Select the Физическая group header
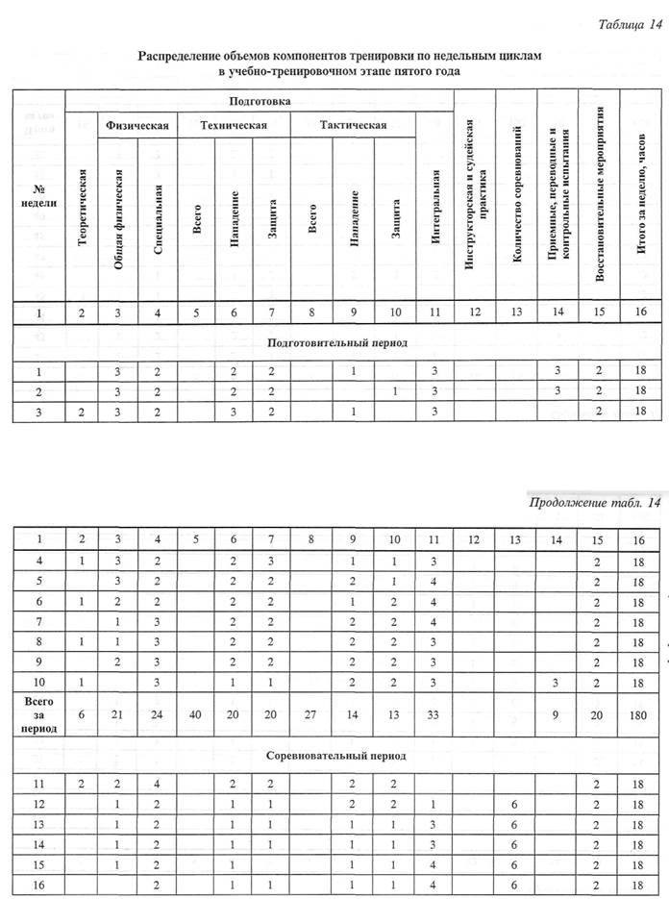coord(137,125)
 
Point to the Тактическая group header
coord(354,125)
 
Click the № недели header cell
coord(38,195)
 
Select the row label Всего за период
coord(39,714)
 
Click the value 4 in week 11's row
coord(157,784)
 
